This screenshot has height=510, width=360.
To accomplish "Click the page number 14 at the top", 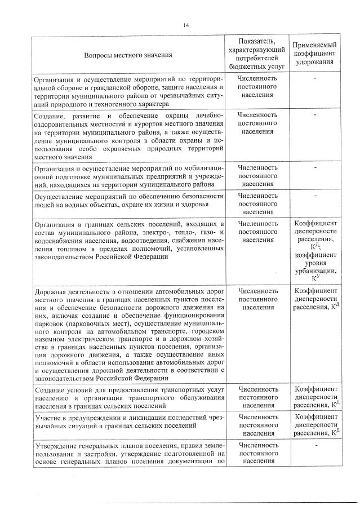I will click(x=185, y=24).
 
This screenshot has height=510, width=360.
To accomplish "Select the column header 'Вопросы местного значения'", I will click(x=128, y=55).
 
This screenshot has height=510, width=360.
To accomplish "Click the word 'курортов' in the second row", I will click(x=128, y=123).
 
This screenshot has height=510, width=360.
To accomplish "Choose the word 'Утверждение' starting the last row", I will click(x=56, y=445).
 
